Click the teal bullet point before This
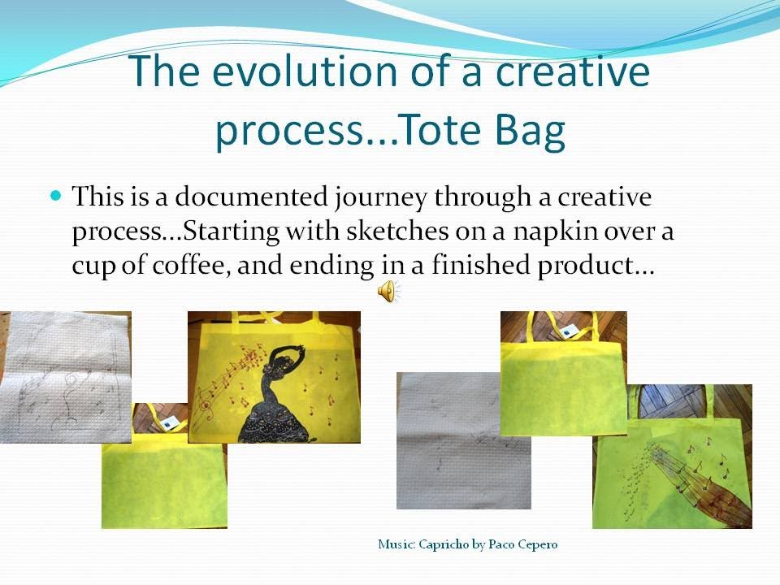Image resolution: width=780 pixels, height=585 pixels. pos(56,196)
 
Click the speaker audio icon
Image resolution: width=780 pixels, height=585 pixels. pos(388,290)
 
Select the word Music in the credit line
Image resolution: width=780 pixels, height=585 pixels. pos(396,544)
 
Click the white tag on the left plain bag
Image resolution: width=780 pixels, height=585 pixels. pos(168,422)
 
